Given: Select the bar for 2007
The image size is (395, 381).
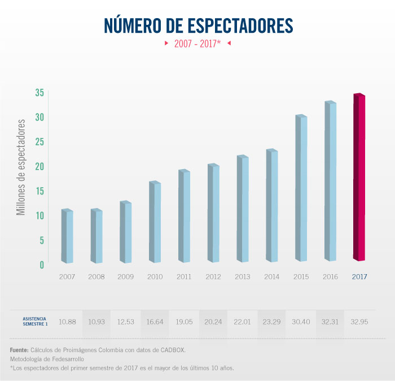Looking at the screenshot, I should point(67,236).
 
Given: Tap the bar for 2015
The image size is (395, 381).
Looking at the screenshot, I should point(301,188).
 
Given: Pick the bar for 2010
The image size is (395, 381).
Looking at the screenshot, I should point(155,222).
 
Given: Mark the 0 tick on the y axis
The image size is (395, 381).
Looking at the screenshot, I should point(41,265).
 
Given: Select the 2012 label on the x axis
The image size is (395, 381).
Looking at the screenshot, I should point(213,277).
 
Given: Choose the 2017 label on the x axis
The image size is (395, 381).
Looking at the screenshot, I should point(360,277).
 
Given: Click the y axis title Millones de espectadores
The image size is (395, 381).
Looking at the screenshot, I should point(21,167).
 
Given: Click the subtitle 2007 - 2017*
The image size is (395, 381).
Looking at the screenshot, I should point(197,43).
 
